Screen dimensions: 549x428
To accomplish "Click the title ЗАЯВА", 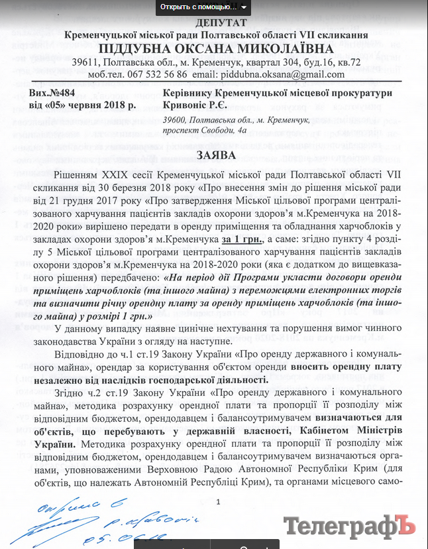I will pyautogui.click(x=215, y=155).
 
